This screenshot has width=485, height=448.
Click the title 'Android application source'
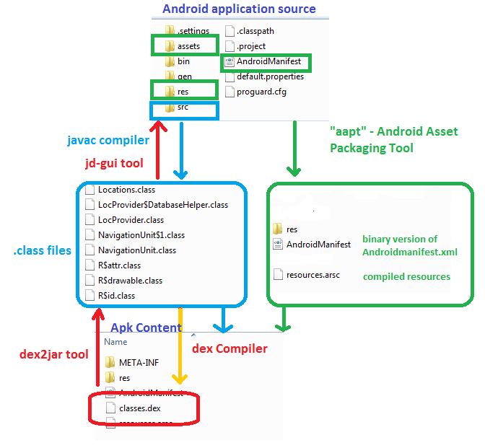[x=239, y=9]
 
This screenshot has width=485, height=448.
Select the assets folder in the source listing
[x=188, y=46]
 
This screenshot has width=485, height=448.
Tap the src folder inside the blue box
[x=182, y=107]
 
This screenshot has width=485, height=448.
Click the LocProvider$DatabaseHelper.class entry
[x=162, y=205]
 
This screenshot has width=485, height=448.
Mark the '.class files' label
[x=43, y=250]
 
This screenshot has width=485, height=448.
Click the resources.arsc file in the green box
[x=312, y=275]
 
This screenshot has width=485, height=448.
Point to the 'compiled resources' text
[x=406, y=276]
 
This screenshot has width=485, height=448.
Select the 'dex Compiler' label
[x=230, y=349]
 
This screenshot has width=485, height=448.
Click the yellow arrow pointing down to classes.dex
[x=180, y=346]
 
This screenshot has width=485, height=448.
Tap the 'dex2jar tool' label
[x=53, y=354]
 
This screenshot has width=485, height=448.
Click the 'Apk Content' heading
[x=146, y=328]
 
